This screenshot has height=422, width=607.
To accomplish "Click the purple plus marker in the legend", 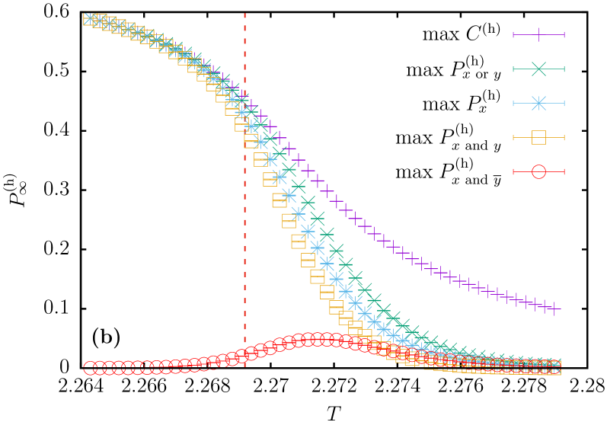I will pos(538,34).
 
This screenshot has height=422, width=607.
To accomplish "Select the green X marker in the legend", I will pos(538,69).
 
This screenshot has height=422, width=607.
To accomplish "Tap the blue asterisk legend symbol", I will pos(538,103).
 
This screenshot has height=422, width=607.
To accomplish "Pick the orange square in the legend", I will pos(538,137).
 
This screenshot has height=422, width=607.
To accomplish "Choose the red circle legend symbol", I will pos(538,171).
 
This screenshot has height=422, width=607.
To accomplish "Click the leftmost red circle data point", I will pos(91,368).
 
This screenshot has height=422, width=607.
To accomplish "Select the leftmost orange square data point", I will pos(91,19).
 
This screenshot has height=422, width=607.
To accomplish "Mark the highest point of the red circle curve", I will pos(318,339).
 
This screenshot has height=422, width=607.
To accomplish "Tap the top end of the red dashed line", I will pos(244,14).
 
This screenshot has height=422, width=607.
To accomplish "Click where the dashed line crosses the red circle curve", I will pos(244,355).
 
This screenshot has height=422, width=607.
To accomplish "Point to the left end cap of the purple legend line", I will pos(513,34).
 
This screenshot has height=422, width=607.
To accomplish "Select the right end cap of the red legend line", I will pos(564,171).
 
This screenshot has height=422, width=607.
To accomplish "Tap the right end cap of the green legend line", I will pos(564,69).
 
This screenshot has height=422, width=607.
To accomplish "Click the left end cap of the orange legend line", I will pos(513,137).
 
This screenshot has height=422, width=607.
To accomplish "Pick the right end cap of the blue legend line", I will pos(564,103).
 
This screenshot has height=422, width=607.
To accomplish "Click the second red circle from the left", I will pos(100,368).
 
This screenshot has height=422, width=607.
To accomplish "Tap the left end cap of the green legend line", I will pos(513,69).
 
